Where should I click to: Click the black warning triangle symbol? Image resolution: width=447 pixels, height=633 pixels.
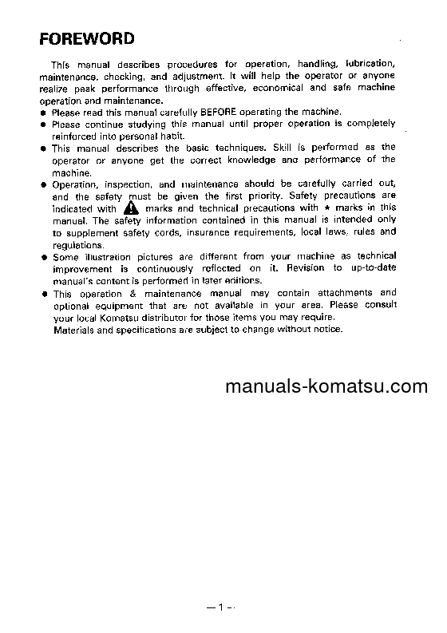click(131, 208)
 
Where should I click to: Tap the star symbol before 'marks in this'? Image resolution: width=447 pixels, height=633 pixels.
click(328, 208)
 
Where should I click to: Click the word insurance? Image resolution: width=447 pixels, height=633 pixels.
click(225, 232)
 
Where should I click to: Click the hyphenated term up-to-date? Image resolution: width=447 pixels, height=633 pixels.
click(370, 268)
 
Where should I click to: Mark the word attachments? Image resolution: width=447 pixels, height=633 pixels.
click(342, 293)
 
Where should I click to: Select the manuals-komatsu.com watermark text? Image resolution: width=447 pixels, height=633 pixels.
click(327, 388)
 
